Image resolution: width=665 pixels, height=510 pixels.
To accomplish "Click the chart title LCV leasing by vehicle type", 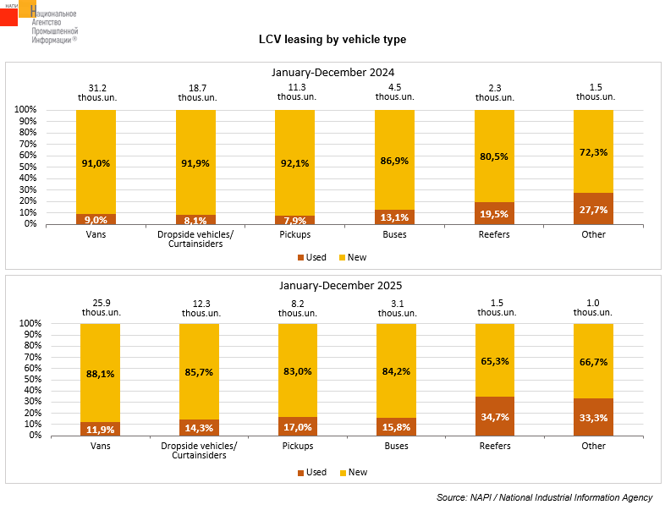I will [x=332, y=40].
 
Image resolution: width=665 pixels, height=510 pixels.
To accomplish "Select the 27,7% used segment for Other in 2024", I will [x=593, y=208].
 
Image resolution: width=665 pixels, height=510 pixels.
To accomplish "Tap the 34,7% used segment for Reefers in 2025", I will [x=494, y=415].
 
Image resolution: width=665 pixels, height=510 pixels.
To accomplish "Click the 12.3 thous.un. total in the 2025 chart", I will [x=201, y=308].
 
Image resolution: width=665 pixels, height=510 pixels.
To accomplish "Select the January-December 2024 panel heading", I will [x=332, y=73].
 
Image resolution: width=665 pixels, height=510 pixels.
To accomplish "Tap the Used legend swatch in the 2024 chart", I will [x=300, y=257].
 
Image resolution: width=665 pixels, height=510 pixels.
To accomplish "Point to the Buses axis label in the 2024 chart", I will [x=394, y=234].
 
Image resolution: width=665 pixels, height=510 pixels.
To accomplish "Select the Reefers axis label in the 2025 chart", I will [x=494, y=446].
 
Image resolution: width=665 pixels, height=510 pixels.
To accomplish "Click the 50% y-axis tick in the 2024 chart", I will [x=25, y=167].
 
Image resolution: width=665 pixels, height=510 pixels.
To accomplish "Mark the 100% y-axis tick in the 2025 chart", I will [x=25, y=324].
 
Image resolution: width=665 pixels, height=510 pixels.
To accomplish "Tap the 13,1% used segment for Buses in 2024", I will [x=394, y=217].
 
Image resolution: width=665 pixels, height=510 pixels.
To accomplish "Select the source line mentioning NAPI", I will [x=544, y=496].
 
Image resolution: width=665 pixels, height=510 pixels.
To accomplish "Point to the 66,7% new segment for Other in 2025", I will [x=593, y=361].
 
